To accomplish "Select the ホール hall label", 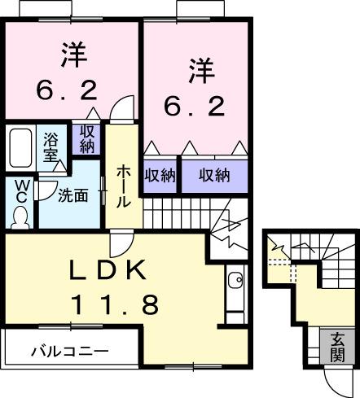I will click(x=123, y=186).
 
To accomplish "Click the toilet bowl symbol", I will click(x=20, y=216).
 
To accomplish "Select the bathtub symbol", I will click(x=20, y=147).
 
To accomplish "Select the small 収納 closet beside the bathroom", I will click(x=86, y=139).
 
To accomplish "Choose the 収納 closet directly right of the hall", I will click(x=160, y=174).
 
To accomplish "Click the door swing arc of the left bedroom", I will click(x=120, y=108).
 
